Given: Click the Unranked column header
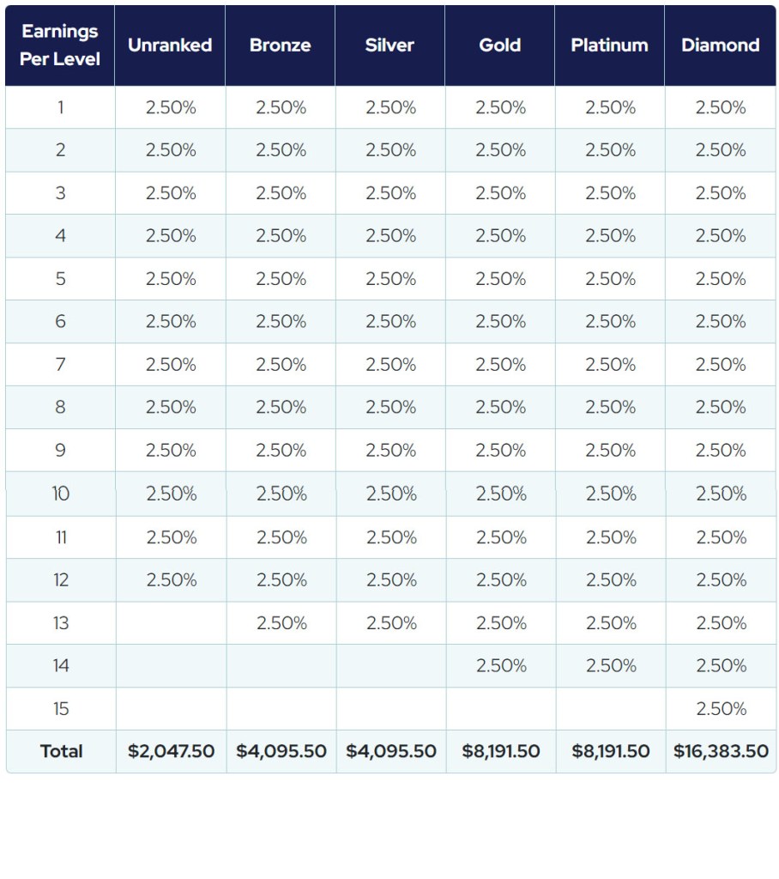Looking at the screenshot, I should click(x=170, y=45).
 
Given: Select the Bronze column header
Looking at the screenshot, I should click(x=281, y=45).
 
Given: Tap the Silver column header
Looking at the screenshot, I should click(x=390, y=45).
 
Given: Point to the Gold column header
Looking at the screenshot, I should click(x=500, y=45).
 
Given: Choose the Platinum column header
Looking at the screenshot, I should click(x=610, y=45).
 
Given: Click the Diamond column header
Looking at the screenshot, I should click(x=721, y=45).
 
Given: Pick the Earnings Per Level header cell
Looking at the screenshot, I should click(x=60, y=45).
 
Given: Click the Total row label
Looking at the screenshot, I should click(x=61, y=751).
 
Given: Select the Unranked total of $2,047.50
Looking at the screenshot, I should click(x=171, y=751).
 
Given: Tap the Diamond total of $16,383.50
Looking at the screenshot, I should click(x=721, y=751).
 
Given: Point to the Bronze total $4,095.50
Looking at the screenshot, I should click(x=281, y=751).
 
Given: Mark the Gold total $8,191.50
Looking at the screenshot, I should click(x=501, y=751).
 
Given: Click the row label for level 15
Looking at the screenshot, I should click(x=61, y=708).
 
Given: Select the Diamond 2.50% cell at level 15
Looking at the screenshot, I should click(x=721, y=708).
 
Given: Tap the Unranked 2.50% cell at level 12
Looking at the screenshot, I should click(x=171, y=579).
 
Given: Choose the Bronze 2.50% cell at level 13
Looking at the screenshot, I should click(x=281, y=622).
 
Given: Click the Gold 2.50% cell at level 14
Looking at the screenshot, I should click(x=501, y=665).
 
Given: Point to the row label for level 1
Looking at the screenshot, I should click(x=60, y=107).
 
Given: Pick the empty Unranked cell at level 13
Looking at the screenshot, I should click(x=171, y=622).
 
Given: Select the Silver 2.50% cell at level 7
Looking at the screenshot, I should click(x=390, y=365).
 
